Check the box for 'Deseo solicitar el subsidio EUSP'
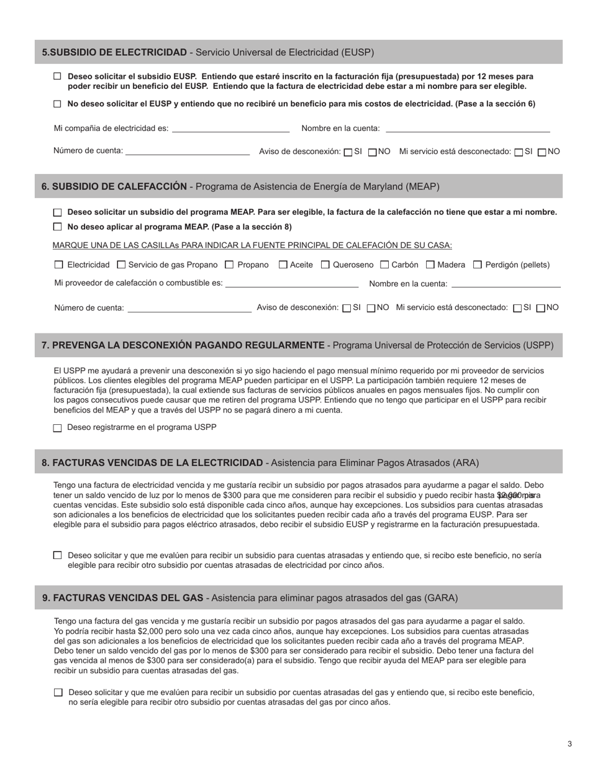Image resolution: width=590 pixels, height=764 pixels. [57, 76]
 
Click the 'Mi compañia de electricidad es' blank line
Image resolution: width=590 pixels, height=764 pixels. [230, 130]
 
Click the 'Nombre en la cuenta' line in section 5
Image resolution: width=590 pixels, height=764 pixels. [467, 130]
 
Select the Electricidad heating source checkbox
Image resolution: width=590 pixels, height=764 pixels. [59, 265]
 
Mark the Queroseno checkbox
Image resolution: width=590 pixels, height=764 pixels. [325, 265]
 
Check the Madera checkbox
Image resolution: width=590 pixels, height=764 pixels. [430, 265]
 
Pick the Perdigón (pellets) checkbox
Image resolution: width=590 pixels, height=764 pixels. [478, 265]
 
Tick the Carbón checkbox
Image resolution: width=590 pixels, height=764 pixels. [384, 265]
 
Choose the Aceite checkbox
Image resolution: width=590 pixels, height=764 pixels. [283, 265]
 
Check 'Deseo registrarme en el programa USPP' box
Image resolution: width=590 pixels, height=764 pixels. [58, 428]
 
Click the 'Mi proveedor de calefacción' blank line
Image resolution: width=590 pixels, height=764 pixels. [292, 286]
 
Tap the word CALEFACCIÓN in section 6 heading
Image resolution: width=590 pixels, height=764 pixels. [150, 186]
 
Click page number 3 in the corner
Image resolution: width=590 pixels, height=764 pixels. [570, 744]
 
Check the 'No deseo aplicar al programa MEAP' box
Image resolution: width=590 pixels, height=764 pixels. [58, 227]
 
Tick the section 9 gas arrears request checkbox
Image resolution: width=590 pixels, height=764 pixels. [58, 693]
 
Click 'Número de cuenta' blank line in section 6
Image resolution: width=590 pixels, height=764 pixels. [189, 310]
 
